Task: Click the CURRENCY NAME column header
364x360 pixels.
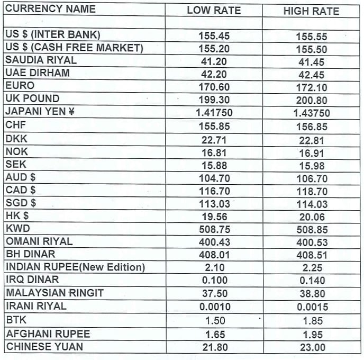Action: click(x=51, y=9)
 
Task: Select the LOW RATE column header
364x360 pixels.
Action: click(x=214, y=11)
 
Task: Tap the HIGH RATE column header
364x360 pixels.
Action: click(x=311, y=11)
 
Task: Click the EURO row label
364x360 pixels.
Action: click(x=20, y=86)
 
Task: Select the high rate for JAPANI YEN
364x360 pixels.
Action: click(x=311, y=113)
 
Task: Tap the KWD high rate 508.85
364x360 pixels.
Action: click(x=312, y=230)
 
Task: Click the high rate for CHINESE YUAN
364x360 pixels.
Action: click(x=312, y=348)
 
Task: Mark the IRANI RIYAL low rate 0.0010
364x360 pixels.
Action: click(x=215, y=307)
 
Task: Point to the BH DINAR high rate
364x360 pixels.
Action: click(x=312, y=255)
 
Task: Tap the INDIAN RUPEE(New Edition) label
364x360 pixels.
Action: click(x=75, y=267)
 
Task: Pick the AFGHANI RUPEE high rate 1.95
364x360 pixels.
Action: click(x=312, y=335)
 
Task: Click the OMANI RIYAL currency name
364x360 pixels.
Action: click(x=39, y=241)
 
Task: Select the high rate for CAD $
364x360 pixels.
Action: click(x=312, y=192)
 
